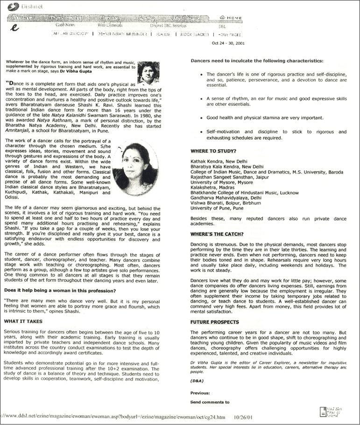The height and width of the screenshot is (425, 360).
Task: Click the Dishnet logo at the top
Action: pyautogui.click(x=20, y=6)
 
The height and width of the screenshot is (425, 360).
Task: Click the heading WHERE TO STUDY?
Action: pyautogui.click(x=213, y=151)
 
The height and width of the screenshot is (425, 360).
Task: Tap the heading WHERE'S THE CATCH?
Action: pyautogui.click(x=217, y=233)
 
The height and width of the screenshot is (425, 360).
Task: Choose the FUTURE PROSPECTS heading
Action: pyautogui.click(x=215, y=322)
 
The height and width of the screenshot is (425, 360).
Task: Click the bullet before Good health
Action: pyautogui.click(x=201, y=118)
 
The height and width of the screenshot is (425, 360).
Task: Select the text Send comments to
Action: pyautogui.click(x=210, y=402)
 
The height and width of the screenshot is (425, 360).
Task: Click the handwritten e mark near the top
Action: pyautogui.click(x=16, y=28)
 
